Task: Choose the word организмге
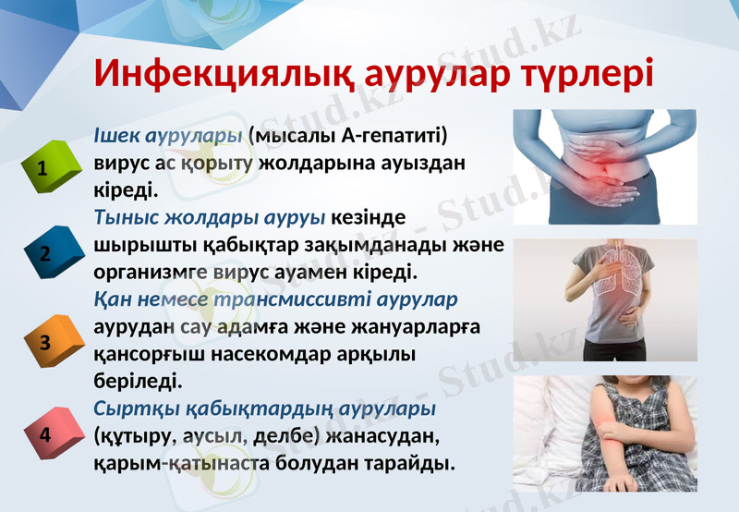[145, 274]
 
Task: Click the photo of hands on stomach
[605, 166]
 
